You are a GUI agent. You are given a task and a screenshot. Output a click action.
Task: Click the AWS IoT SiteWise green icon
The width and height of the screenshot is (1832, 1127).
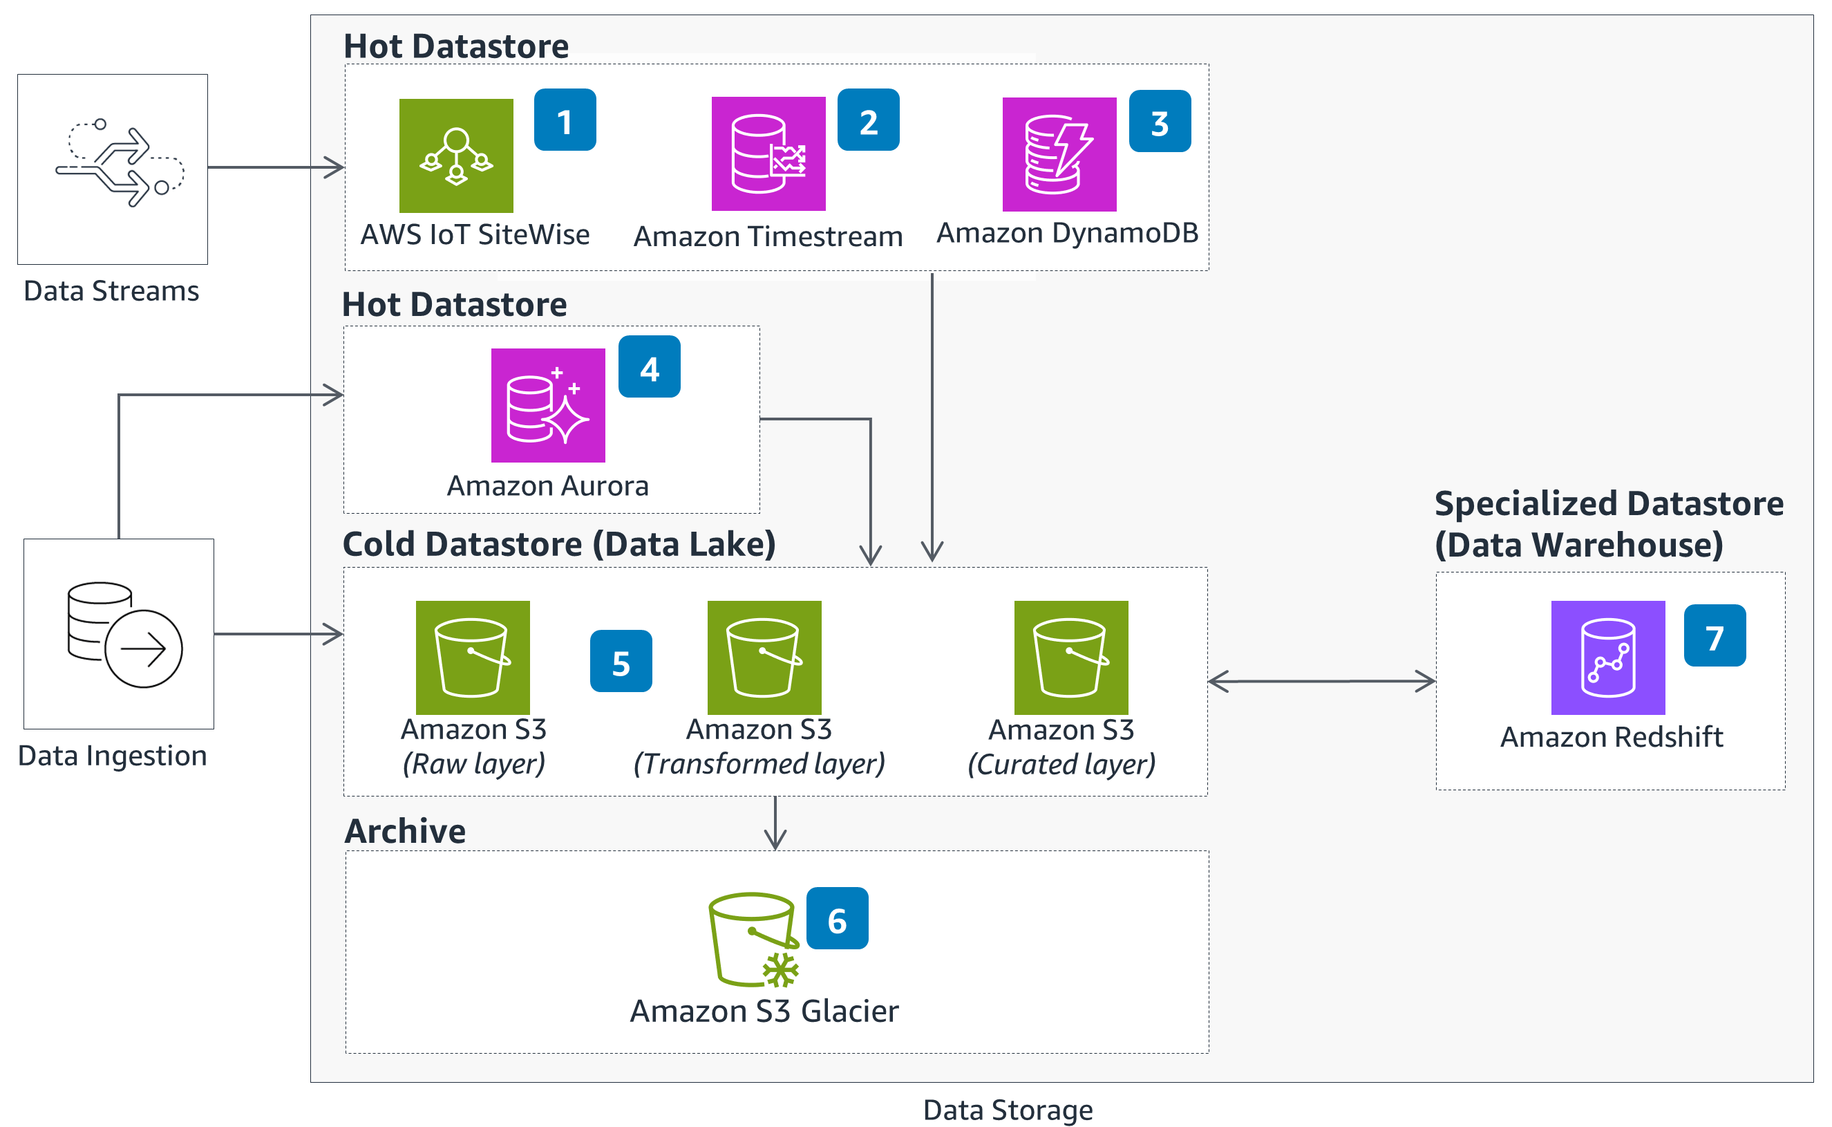456,156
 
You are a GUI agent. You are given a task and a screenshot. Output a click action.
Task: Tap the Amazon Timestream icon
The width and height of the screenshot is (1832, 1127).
768,153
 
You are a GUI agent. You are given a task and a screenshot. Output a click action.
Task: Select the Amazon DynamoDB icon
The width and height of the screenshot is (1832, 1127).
1059,154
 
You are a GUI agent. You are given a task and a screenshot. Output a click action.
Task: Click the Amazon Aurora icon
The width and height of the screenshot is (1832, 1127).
547,405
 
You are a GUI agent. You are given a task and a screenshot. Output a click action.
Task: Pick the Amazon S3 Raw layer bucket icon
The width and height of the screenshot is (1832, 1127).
473,658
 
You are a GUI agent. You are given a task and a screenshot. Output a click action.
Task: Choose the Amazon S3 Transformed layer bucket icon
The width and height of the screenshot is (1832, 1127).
764,658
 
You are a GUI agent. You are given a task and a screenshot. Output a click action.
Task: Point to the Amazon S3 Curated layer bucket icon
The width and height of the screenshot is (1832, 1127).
1070,658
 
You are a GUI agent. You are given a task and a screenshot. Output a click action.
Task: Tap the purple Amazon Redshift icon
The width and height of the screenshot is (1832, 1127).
1607,658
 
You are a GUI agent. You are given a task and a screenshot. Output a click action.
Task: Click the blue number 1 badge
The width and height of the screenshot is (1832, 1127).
565,120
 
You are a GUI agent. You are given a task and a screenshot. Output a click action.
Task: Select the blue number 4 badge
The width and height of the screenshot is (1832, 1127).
649,366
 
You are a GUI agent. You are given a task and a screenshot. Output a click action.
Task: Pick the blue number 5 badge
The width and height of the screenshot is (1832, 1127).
621,661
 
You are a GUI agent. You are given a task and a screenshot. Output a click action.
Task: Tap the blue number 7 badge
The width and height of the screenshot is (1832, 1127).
1714,636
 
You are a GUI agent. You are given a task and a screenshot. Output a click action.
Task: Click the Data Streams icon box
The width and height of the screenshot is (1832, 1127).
113,169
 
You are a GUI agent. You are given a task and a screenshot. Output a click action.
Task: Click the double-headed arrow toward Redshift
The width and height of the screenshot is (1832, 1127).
1321,681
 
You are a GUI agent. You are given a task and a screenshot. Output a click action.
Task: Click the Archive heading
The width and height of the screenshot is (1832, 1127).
404,831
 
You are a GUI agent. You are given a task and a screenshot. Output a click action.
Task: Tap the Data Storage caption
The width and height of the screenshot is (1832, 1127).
1008,1110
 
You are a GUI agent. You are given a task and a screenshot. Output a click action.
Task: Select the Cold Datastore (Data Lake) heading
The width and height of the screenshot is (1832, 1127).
559,544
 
